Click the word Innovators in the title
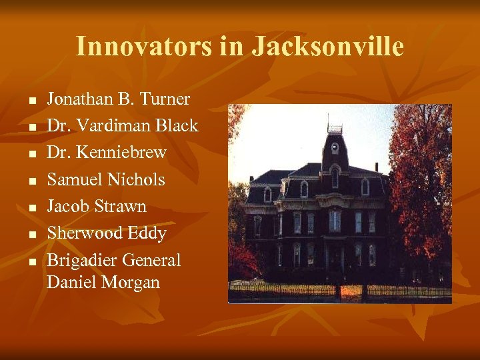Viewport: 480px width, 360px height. (126, 47)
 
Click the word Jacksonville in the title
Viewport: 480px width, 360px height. (327, 47)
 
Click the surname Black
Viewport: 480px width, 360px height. (176, 126)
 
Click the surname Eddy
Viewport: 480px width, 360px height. (148, 233)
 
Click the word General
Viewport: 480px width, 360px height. (151, 260)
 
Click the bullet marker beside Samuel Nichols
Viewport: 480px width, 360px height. (31, 181)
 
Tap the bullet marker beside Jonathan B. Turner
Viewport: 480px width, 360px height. (31, 101)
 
